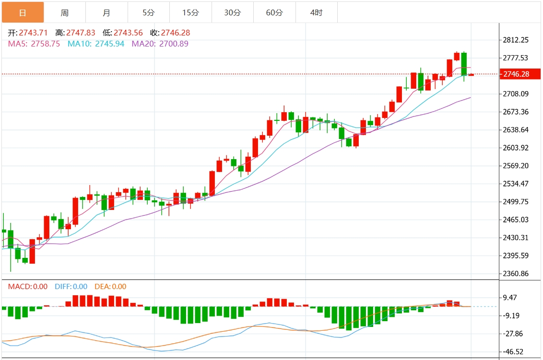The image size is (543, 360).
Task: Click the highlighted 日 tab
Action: click(x=23, y=12)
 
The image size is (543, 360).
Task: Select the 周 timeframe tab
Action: click(x=65, y=12)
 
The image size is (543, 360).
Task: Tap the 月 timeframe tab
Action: click(x=106, y=12)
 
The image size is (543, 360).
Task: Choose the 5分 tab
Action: click(x=148, y=12)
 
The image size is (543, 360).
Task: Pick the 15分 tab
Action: click(x=190, y=12)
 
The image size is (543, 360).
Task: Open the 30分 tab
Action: click(x=232, y=12)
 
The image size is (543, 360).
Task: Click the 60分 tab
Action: click(x=274, y=12)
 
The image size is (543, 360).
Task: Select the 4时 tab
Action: click(x=316, y=12)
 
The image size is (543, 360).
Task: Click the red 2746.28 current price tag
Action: click(x=519, y=74)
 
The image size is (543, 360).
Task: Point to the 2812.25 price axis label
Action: click(x=516, y=40)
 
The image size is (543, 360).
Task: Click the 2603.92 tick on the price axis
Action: click(x=516, y=148)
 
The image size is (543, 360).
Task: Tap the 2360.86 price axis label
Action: click(x=516, y=274)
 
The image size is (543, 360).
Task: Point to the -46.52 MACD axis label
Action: click(x=513, y=351)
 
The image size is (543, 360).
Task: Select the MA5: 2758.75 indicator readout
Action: click(x=34, y=44)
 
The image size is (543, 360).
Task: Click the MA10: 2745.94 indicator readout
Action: click(x=96, y=44)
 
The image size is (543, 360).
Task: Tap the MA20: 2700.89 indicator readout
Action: click(x=160, y=44)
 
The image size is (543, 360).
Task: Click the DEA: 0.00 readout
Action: click(x=110, y=287)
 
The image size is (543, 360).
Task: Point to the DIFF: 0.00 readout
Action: click(x=71, y=287)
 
